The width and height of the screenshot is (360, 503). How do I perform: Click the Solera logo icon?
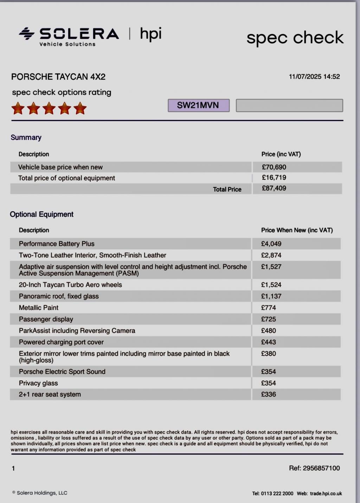[x=27, y=34]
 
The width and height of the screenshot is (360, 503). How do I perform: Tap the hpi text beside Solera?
[x=150, y=34]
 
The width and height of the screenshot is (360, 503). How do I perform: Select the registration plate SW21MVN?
[x=198, y=106]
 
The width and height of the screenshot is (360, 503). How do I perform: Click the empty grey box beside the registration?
[x=289, y=106]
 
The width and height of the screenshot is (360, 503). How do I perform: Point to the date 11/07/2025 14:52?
[x=314, y=77]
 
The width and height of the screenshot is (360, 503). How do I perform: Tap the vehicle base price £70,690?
[x=274, y=167]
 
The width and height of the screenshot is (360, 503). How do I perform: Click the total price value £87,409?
[x=274, y=189]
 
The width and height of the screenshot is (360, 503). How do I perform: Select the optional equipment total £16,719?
[x=274, y=178]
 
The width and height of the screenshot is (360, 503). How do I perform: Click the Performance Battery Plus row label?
[x=57, y=244]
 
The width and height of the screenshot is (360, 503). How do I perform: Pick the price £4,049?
[x=271, y=244]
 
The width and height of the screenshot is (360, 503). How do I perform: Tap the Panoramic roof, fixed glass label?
[x=59, y=296]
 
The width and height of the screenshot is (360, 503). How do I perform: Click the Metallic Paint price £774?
[x=269, y=308]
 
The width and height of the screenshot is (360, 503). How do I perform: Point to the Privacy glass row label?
[x=38, y=383]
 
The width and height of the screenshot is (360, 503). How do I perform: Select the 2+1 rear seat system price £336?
[x=269, y=394]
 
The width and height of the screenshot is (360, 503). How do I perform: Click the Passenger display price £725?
[x=269, y=319]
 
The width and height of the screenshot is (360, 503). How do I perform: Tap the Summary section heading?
[x=26, y=138]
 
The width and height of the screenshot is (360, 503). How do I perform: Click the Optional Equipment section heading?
[x=41, y=214]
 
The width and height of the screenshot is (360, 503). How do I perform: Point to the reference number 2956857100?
[x=321, y=468]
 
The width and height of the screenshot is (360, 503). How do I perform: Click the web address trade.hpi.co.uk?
[x=326, y=494]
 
